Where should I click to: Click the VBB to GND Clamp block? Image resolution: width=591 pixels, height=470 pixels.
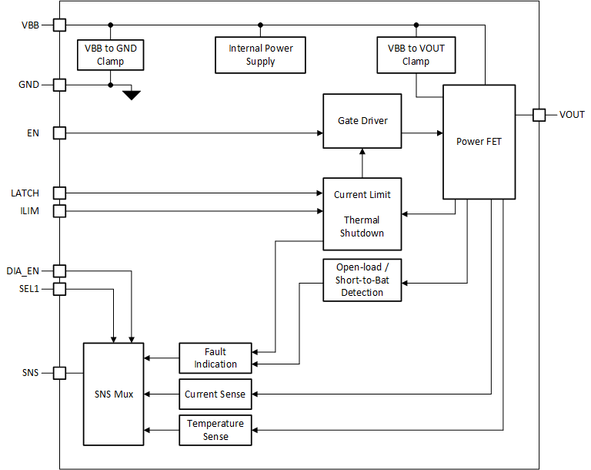click(111, 55)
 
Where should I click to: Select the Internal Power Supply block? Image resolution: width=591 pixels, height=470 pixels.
click(260, 55)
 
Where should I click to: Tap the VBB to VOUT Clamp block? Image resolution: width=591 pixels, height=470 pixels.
click(416, 55)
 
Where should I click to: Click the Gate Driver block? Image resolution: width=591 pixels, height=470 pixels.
click(362, 121)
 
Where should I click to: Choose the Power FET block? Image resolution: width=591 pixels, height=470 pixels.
click(479, 142)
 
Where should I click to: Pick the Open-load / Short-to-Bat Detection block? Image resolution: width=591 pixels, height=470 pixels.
click(362, 280)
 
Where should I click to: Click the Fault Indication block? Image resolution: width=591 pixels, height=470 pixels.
click(215, 358)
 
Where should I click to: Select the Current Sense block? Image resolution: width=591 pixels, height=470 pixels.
click(215, 394)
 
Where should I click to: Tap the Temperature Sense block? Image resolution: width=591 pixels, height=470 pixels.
click(215, 430)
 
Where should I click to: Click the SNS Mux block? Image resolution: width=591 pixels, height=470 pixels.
click(113, 394)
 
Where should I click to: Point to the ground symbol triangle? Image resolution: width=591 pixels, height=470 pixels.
click(132, 95)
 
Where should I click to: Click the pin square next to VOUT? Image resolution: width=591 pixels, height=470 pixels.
click(539, 115)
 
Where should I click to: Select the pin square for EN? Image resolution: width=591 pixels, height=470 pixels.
click(59, 133)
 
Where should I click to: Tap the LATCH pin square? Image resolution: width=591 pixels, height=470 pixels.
click(59, 193)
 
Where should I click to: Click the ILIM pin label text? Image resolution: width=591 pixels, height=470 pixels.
click(31, 210)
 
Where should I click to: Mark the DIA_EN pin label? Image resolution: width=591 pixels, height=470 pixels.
click(24, 270)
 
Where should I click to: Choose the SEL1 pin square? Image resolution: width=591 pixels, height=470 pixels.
click(59, 289)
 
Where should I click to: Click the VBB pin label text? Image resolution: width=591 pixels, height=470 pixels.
click(31, 25)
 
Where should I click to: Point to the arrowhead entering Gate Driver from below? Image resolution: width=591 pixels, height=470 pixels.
click(362, 153)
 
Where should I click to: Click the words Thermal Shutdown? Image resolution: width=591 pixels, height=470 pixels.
click(362, 227)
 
